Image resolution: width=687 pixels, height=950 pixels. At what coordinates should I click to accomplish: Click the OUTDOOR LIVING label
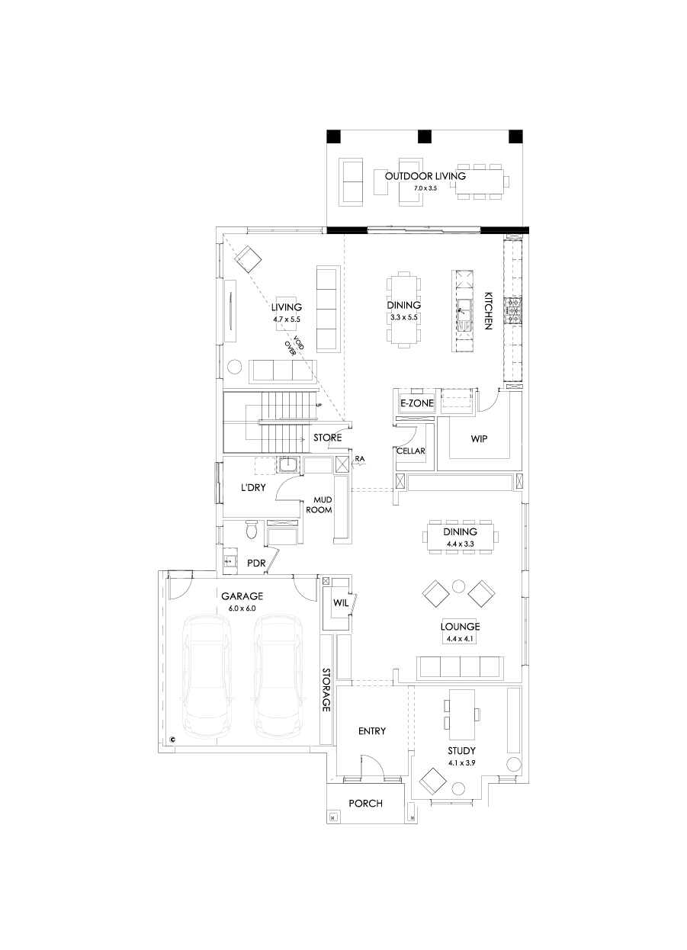click(425, 175)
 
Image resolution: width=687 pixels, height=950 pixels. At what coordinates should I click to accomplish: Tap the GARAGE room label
click(242, 596)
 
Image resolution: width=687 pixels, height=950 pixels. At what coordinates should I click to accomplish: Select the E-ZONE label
click(416, 403)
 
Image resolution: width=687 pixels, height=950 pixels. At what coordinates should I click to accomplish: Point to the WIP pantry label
click(479, 439)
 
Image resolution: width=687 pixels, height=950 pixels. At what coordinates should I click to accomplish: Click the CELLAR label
click(410, 451)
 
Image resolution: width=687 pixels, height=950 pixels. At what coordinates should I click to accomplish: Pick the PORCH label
click(365, 804)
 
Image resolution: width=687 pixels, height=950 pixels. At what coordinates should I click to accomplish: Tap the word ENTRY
click(372, 731)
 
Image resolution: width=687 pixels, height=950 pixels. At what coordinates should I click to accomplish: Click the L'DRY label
click(253, 488)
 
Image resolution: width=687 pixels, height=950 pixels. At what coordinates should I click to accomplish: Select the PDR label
click(256, 563)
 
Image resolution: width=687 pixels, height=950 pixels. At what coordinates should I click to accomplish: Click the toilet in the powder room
click(252, 529)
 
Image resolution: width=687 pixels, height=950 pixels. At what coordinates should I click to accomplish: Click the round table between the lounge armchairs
click(458, 586)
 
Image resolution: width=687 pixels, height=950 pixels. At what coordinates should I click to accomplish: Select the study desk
click(462, 714)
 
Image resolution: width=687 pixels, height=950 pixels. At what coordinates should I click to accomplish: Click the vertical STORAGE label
click(326, 690)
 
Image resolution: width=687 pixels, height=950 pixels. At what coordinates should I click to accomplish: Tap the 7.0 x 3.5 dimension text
click(425, 187)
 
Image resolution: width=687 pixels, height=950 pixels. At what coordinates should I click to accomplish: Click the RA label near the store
click(361, 458)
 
